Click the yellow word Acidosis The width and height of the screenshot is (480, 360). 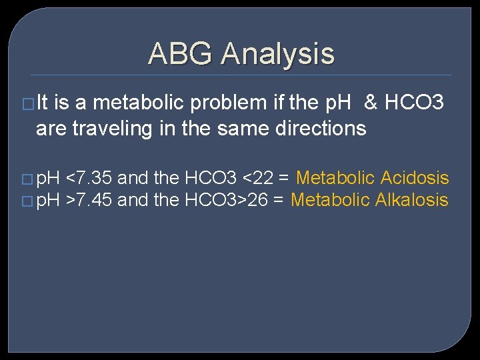414,178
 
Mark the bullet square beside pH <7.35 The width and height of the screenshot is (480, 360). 27,179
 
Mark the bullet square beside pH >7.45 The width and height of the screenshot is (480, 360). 27,201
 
